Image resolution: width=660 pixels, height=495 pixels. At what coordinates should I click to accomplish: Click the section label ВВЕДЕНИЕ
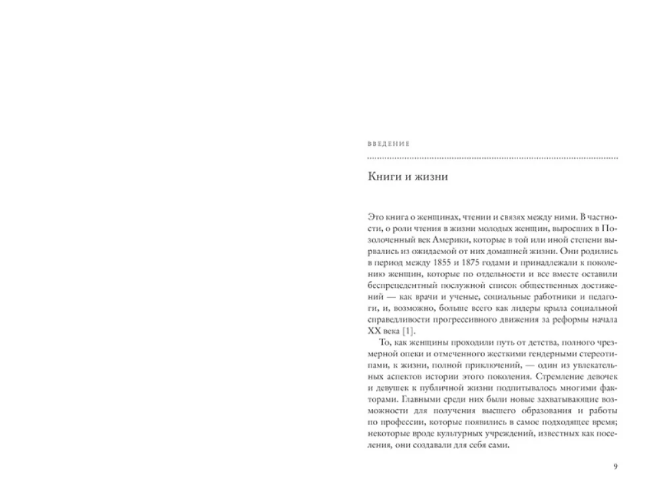point(388,143)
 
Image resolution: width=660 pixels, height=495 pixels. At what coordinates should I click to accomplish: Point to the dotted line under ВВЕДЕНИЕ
point(492,158)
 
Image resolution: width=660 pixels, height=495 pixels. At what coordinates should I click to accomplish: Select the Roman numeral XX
point(374,331)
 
